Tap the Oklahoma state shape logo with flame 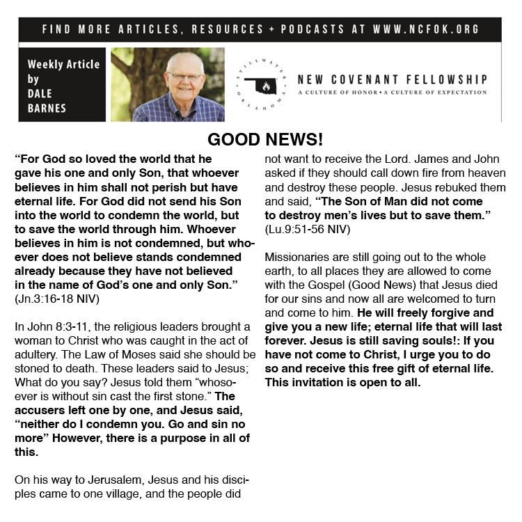click(260, 87)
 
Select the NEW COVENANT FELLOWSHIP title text click(392, 79)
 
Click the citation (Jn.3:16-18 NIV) click(57, 299)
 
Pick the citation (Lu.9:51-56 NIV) click(308, 229)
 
